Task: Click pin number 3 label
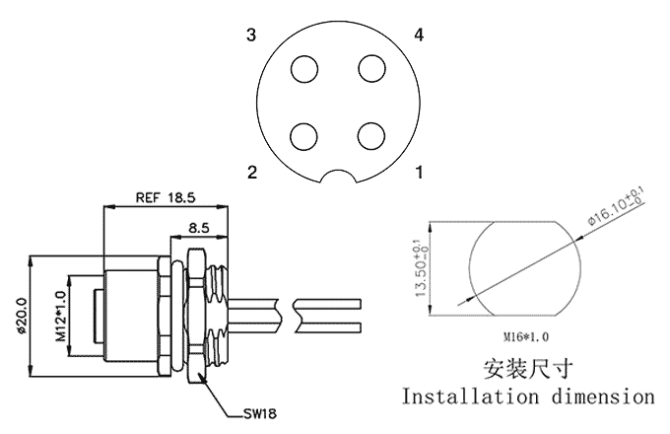click(x=251, y=35)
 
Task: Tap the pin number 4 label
click(x=419, y=35)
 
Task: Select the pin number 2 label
click(x=252, y=173)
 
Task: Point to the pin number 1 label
click(x=420, y=173)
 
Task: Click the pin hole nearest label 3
click(x=304, y=69)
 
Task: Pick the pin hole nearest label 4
click(x=371, y=68)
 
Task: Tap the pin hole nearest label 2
click(x=303, y=137)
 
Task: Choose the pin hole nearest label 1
click(x=371, y=136)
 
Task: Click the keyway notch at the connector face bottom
click(x=338, y=172)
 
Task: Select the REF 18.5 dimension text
click(x=166, y=197)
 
